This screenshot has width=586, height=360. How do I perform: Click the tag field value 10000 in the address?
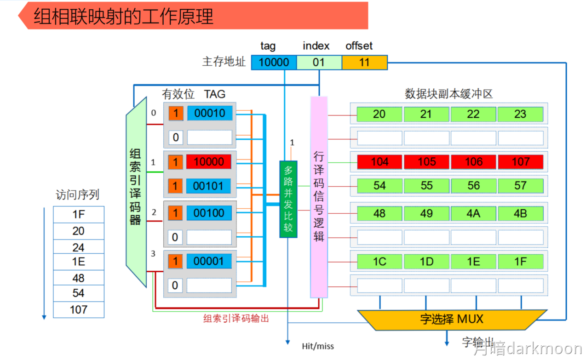(x=274, y=62)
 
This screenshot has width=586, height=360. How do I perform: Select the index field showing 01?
(x=319, y=62)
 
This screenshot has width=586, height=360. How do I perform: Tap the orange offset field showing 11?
(x=364, y=62)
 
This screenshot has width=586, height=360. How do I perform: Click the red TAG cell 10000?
(x=209, y=162)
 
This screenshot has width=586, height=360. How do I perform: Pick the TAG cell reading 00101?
(x=209, y=186)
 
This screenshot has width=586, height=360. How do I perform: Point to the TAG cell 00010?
(x=209, y=113)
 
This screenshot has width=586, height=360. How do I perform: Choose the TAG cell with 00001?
(x=209, y=261)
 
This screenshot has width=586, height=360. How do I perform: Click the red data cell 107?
(x=520, y=162)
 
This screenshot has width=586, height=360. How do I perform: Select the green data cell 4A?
(x=473, y=213)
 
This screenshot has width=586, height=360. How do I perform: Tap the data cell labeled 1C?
(x=379, y=262)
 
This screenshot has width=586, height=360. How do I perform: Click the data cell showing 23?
(x=520, y=114)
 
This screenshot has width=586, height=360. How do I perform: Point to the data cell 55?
(x=426, y=185)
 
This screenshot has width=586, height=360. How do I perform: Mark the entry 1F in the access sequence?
(x=79, y=214)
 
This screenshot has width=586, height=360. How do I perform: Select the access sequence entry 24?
(x=79, y=247)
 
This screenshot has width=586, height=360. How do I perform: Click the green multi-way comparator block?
(x=288, y=199)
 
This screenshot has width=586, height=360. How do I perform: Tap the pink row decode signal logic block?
(x=319, y=197)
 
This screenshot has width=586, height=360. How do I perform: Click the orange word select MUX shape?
(x=451, y=319)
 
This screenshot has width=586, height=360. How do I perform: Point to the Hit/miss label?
(x=318, y=346)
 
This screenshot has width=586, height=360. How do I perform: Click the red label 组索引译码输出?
(x=236, y=318)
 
